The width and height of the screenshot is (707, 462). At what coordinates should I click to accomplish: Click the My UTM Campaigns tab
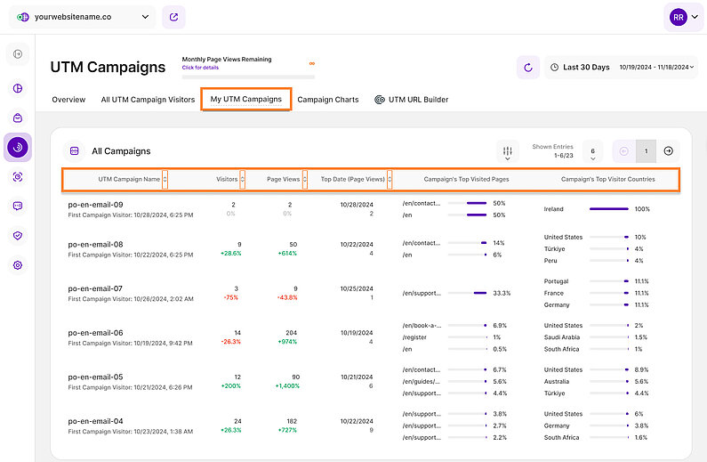click(245, 100)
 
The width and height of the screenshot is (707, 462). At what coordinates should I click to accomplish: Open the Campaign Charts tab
click(328, 100)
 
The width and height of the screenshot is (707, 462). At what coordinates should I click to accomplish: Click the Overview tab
click(68, 100)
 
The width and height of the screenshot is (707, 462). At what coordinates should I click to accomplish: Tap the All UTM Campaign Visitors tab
click(148, 100)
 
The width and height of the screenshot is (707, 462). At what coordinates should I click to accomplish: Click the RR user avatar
click(679, 17)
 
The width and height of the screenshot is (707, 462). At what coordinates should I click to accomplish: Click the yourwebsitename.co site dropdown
click(84, 17)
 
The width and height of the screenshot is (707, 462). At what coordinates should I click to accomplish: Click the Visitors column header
click(227, 179)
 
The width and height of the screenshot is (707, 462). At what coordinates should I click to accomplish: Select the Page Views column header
click(285, 179)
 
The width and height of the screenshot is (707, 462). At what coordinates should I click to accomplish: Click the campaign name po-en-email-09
click(95, 205)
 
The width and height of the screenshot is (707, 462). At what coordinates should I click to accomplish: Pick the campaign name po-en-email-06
click(95, 332)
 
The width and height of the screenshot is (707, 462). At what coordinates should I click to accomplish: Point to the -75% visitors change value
click(230, 297)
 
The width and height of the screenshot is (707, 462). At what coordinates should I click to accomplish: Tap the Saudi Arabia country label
click(565, 337)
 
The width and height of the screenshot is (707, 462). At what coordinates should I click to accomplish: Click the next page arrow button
click(670, 151)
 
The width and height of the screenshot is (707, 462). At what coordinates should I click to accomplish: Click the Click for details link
click(200, 68)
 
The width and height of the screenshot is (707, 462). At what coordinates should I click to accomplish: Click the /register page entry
click(415, 337)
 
